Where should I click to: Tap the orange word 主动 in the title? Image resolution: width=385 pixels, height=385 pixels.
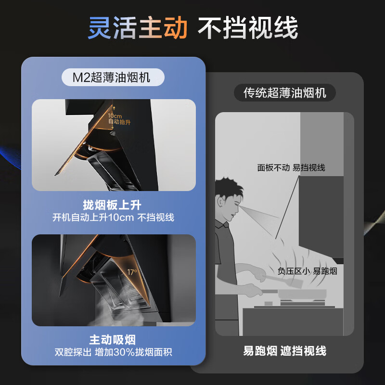[x=164, y=28]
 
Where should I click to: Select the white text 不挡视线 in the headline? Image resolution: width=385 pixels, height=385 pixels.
[x=248, y=28]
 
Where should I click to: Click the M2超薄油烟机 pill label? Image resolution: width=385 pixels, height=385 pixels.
[x=114, y=77]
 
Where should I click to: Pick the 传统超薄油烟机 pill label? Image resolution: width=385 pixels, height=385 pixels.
[x=285, y=92]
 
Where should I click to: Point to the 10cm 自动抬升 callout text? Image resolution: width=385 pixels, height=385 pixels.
[x=118, y=119]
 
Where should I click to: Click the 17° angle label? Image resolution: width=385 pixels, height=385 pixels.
[x=132, y=272]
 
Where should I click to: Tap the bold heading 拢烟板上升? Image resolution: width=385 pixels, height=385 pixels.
[x=114, y=204]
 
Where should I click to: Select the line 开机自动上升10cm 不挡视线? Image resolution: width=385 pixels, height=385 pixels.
[x=114, y=217]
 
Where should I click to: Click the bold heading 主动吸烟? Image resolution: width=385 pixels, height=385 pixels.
[x=114, y=340]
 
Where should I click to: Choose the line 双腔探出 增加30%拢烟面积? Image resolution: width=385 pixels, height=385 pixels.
[x=114, y=353]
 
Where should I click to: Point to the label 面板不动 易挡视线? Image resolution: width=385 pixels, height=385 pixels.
[x=291, y=167]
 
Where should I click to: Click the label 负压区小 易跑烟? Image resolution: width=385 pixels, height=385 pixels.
[x=307, y=271]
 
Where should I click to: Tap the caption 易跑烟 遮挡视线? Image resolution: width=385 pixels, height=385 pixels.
[x=285, y=351]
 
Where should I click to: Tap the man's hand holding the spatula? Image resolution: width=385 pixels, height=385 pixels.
[x=260, y=277]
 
